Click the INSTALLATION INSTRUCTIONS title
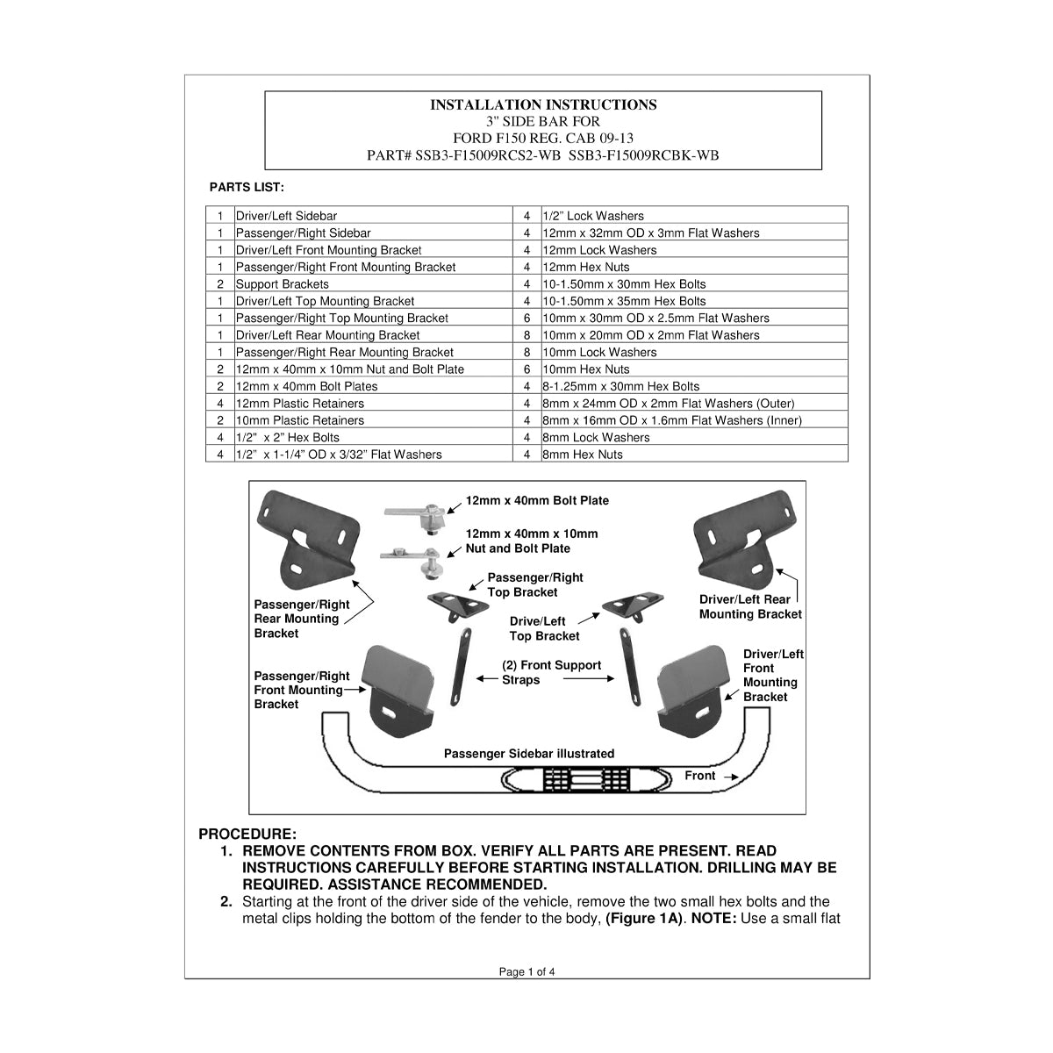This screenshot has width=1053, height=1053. (x=543, y=104)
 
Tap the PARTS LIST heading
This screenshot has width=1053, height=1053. (x=247, y=188)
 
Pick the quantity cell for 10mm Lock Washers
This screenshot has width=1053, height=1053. (x=526, y=353)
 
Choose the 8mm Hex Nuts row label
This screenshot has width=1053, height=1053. (x=583, y=455)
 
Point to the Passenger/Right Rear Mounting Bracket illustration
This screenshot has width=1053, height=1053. (x=309, y=538)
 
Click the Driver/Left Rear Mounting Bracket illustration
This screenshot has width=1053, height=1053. (x=745, y=538)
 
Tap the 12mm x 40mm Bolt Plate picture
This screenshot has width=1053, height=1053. (x=419, y=516)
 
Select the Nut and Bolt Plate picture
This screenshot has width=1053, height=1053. (x=414, y=561)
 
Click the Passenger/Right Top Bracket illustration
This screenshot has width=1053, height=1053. (x=457, y=607)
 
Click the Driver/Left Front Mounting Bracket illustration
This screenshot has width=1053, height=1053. (x=692, y=691)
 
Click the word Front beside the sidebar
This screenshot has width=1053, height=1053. (x=699, y=776)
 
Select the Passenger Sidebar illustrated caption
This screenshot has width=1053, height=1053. (x=529, y=754)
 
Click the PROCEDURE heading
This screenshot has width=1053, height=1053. (x=247, y=835)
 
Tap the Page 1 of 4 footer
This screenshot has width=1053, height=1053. (x=526, y=972)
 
